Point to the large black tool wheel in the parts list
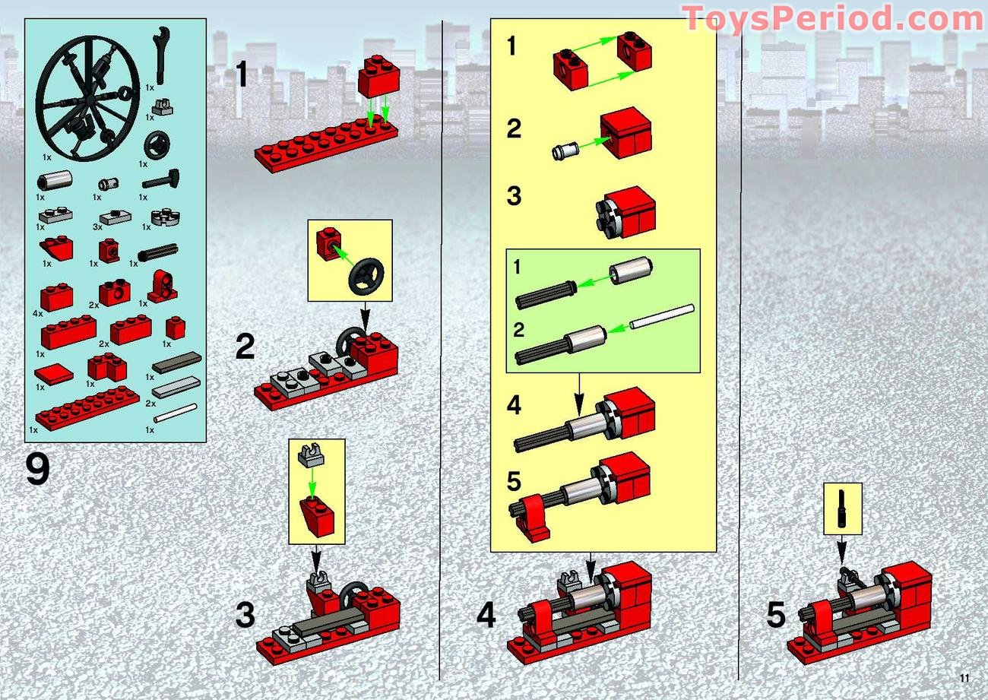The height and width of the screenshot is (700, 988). click(87, 97)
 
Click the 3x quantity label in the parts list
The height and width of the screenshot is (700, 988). click(97, 227)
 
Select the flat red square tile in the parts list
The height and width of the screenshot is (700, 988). click(54, 373)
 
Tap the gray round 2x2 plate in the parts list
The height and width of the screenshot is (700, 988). click(163, 217)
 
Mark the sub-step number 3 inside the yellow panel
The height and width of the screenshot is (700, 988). click(515, 196)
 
